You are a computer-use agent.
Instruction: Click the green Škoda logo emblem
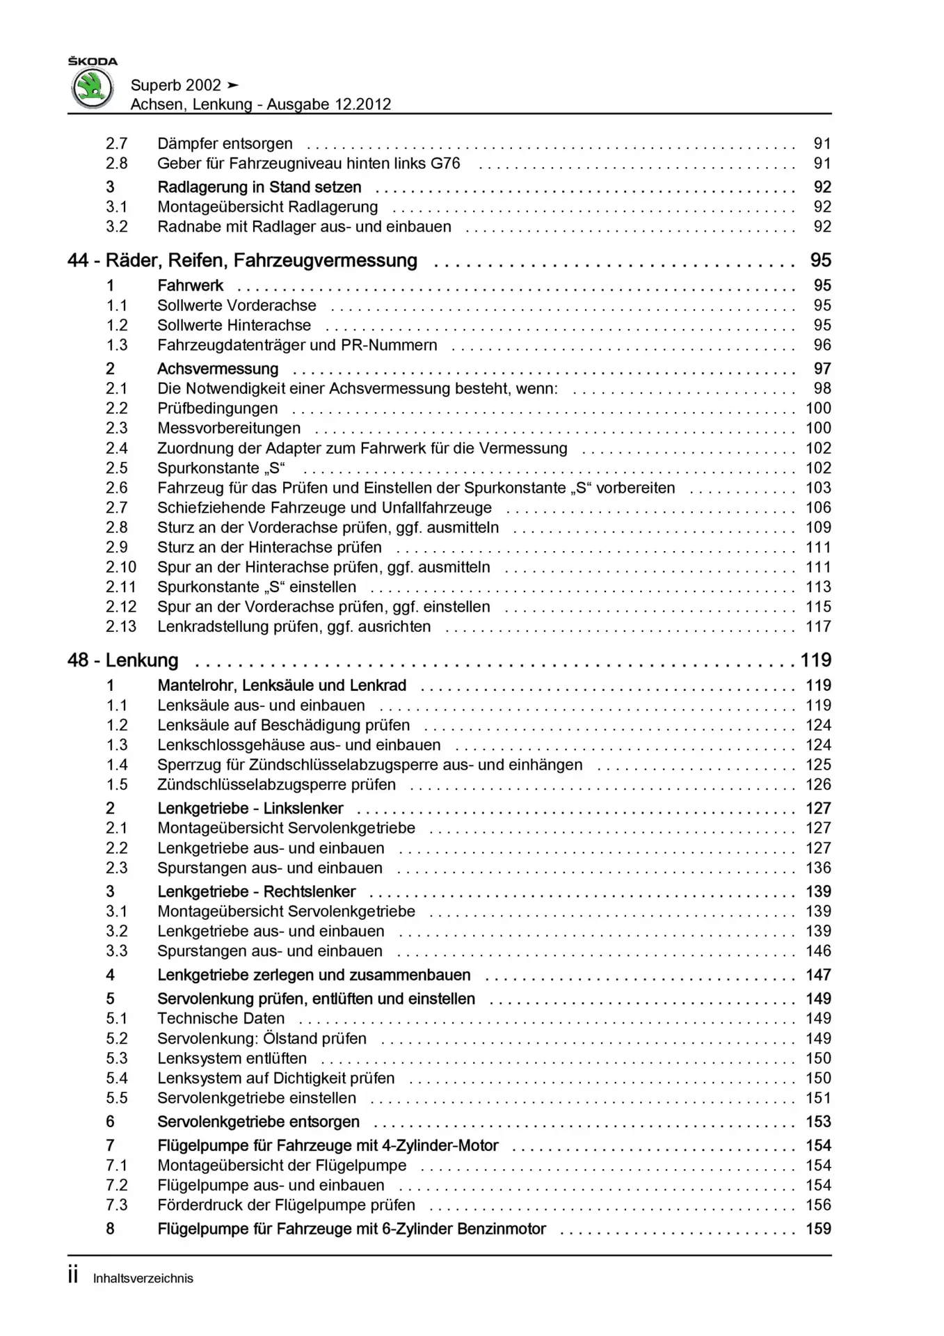[x=93, y=89]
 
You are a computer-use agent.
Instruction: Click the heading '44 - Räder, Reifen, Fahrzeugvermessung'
[x=242, y=260]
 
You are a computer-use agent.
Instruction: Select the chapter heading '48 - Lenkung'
[x=123, y=660]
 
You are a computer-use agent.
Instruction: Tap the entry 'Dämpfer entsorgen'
[x=225, y=143]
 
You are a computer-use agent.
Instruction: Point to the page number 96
[x=822, y=345]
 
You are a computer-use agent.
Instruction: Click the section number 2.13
[x=121, y=626]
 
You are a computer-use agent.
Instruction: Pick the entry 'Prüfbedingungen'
[x=217, y=408]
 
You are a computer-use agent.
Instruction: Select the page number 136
[x=818, y=868]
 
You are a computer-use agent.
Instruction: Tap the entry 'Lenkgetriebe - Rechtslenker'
[x=256, y=891]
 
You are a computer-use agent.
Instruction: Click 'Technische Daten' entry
[x=221, y=1019]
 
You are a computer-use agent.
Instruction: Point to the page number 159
[x=818, y=1229]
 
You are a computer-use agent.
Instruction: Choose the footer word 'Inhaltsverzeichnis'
[x=143, y=1278]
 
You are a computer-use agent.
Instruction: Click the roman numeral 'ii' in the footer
[x=73, y=1277]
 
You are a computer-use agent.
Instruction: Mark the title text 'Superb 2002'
[x=176, y=85]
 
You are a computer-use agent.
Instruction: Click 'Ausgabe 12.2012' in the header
[x=328, y=104]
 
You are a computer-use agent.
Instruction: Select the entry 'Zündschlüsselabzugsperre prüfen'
[x=276, y=785]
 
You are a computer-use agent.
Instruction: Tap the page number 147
[x=818, y=975]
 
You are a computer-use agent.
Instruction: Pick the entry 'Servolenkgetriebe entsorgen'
[x=258, y=1122]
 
